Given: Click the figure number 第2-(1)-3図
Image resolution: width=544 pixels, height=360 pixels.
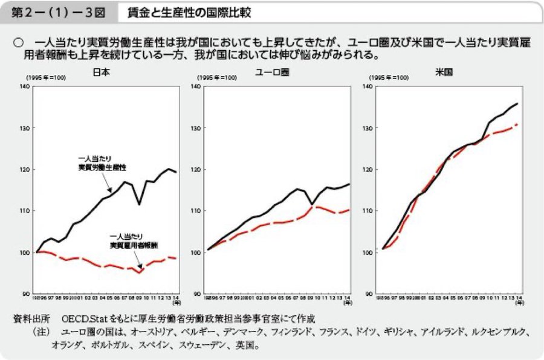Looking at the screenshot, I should pyautogui.click(x=55, y=12).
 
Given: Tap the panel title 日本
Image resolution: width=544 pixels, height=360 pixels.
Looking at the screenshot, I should pyautogui.click(x=101, y=72).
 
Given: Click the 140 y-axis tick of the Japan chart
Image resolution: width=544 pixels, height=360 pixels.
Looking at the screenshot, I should pyautogui.click(x=25, y=87).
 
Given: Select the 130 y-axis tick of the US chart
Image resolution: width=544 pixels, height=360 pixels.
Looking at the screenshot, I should pyautogui.click(x=367, y=128).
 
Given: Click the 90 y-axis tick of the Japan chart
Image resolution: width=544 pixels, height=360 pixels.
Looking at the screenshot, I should pyautogui.click(x=26, y=294).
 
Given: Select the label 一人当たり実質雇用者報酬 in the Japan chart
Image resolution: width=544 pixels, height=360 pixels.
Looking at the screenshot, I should pyautogui.click(x=131, y=242).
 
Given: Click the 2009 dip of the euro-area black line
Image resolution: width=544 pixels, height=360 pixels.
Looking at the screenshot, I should pyautogui.click(x=311, y=204).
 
